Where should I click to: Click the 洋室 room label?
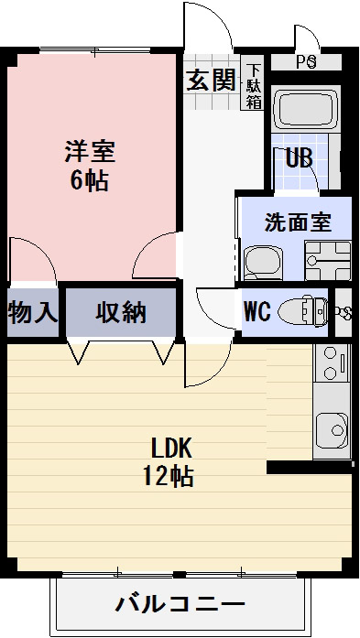pos(89,150)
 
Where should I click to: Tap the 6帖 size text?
pos(89,179)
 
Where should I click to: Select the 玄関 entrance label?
pos(212,81)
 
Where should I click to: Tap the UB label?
pos(300,157)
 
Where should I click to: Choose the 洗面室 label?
pos(296,222)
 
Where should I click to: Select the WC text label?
pos(256,311)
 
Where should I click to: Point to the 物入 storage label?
pos(32,312)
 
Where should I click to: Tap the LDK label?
pos(170,448)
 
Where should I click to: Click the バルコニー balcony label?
pos(180,604)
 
